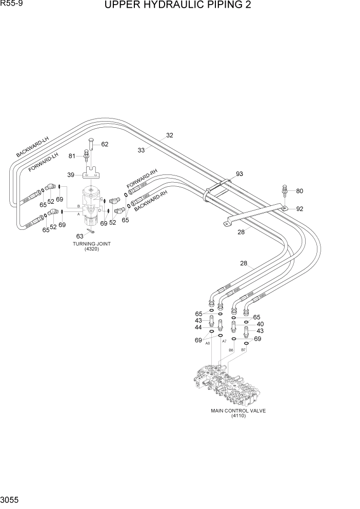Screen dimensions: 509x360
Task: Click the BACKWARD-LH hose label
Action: click(x=32, y=147)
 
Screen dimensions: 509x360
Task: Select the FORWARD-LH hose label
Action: click(x=44, y=162)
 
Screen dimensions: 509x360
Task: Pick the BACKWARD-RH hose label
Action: click(x=151, y=202)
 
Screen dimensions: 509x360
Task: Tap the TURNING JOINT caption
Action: click(x=92, y=244)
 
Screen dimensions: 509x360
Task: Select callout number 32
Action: click(x=169, y=135)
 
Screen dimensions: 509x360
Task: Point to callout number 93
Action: click(x=239, y=174)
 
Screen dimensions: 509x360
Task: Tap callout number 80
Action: click(x=299, y=191)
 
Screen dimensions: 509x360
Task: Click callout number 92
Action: click(x=299, y=209)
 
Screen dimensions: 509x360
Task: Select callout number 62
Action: click(x=105, y=144)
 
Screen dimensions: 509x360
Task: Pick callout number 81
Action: click(x=72, y=156)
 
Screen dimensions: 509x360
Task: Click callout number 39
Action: click(x=72, y=175)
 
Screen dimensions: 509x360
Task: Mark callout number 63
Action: click(x=80, y=236)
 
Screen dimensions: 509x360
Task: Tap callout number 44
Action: click(x=197, y=327)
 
